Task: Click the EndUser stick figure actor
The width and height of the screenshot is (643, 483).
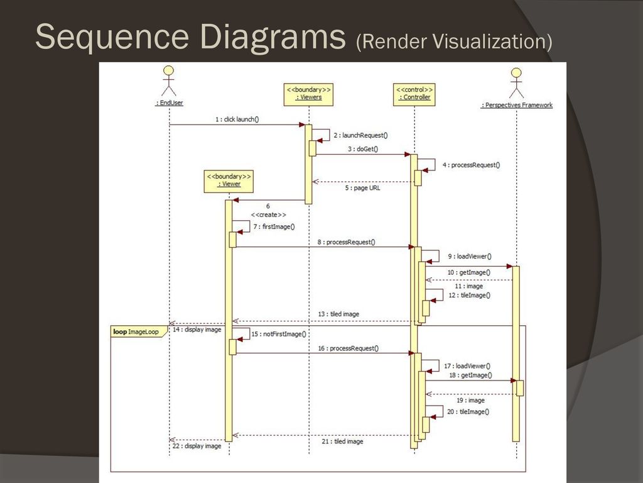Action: click(x=168, y=81)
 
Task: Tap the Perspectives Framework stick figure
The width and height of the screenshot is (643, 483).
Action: click(x=516, y=83)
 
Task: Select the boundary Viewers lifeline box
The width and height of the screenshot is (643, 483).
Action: click(x=308, y=94)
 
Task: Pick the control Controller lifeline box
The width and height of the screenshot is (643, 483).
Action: click(x=414, y=94)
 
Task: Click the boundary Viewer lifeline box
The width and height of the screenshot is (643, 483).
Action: click(x=229, y=181)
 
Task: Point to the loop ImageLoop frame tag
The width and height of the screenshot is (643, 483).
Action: click(x=139, y=331)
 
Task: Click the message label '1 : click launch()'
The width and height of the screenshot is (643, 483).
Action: click(x=237, y=119)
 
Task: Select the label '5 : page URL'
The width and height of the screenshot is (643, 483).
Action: click(x=362, y=187)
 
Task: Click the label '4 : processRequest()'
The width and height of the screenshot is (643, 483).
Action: click(x=471, y=165)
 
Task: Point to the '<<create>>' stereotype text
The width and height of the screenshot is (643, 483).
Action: click(x=269, y=215)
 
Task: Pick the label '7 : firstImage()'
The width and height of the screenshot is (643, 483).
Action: click(x=274, y=226)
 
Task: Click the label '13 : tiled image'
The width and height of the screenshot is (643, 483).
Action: click(x=338, y=314)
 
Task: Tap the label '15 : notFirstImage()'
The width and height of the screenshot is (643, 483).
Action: click(x=279, y=335)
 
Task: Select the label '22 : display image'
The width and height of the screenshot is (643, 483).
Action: click(x=197, y=446)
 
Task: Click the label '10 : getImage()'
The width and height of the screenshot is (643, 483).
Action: click(x=468, y=272)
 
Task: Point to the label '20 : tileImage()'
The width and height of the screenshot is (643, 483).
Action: click(x=468, y=411)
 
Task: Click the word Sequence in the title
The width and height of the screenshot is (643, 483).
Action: click(x=112, y=37)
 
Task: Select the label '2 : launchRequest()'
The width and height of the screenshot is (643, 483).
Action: click(x=360, y=135)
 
